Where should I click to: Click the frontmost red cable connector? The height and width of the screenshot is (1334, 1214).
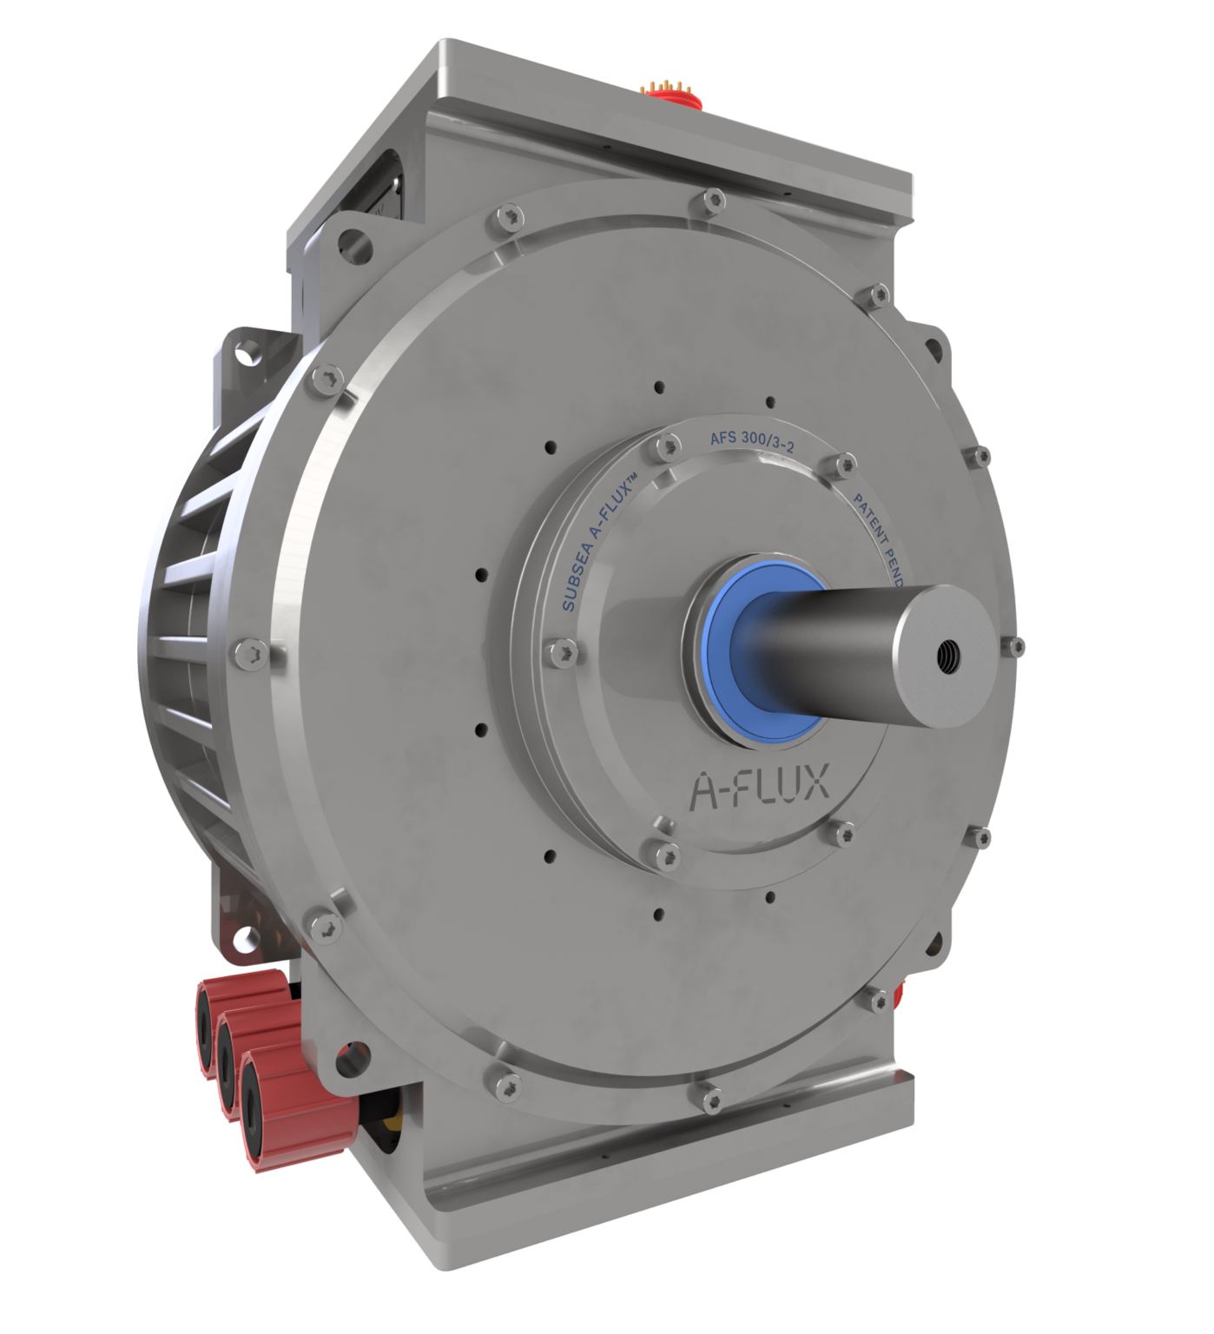click(261, 1093)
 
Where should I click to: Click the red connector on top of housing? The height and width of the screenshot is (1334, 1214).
click(670, 90)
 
